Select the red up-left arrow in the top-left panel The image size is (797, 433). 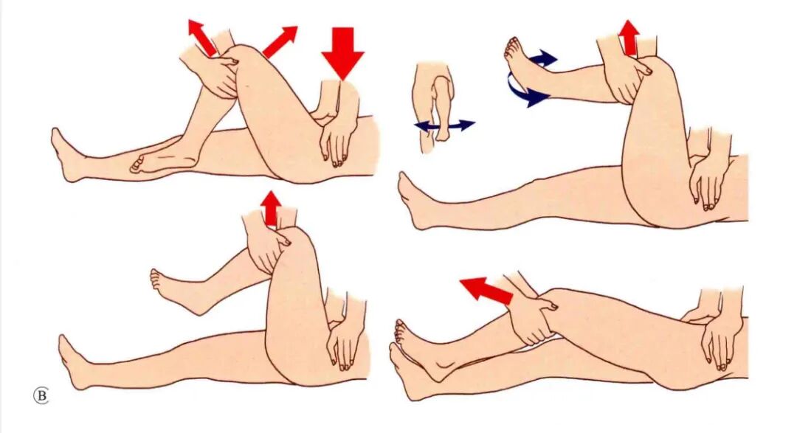[x=202, y=37]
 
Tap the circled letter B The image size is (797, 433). [x=41, y=395]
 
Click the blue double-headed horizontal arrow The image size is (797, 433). [x=445, y=125]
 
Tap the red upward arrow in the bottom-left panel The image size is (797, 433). [x=272, y=208]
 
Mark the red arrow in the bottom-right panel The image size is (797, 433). [x=486, y=291]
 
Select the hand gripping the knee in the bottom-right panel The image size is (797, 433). [x=534, y=318]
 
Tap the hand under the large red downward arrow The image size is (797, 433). [x=336, y=125]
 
